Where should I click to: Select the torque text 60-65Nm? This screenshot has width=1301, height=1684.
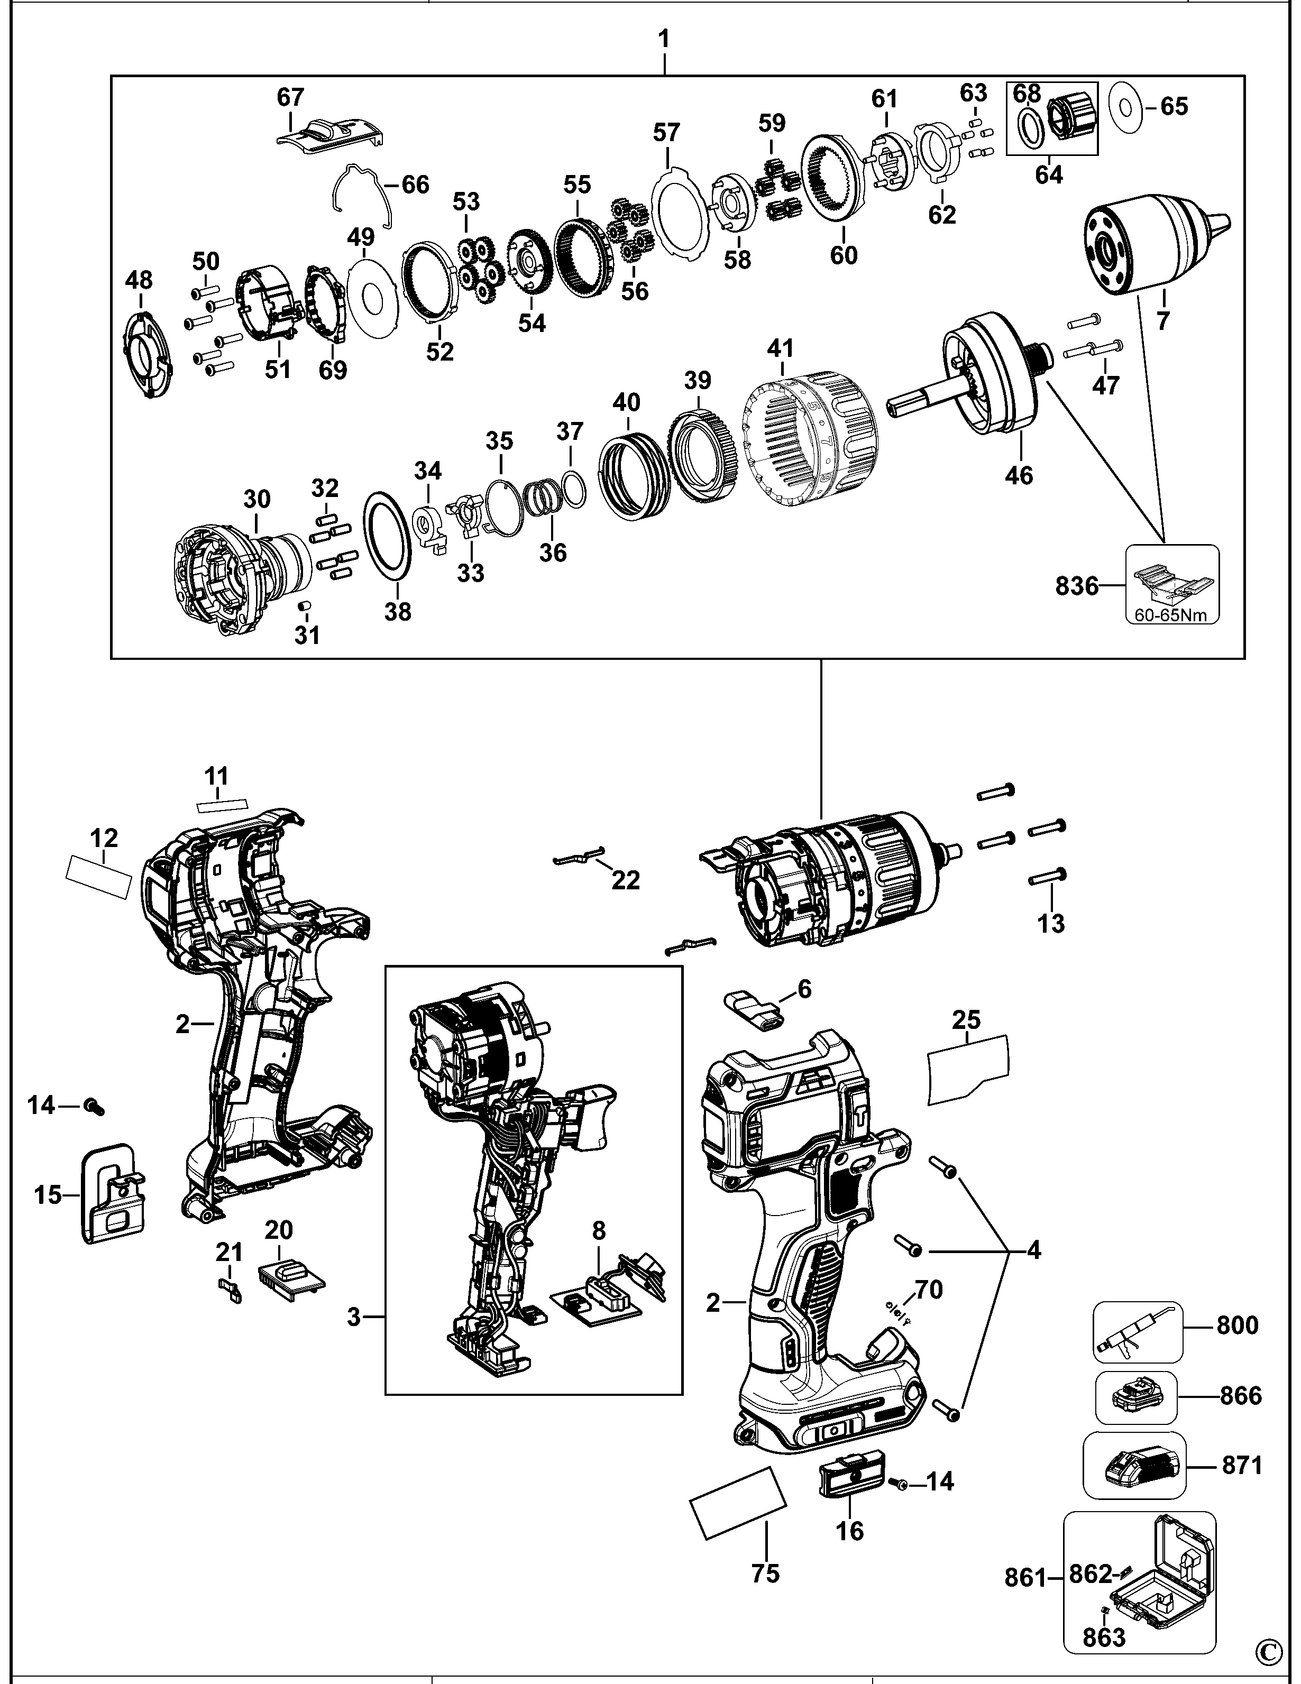[x=1171, y=615]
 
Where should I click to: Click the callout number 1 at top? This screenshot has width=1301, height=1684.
[x=664, y=39]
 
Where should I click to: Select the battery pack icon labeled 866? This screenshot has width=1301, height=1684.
[x=1136, y=1396]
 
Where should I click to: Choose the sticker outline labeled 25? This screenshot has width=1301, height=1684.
[x=968, y=1068]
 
